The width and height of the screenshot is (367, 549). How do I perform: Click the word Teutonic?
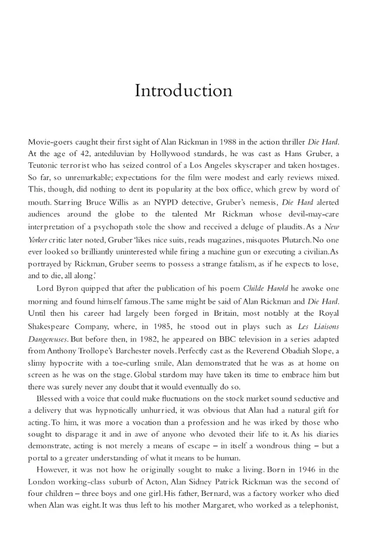(46, 165)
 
